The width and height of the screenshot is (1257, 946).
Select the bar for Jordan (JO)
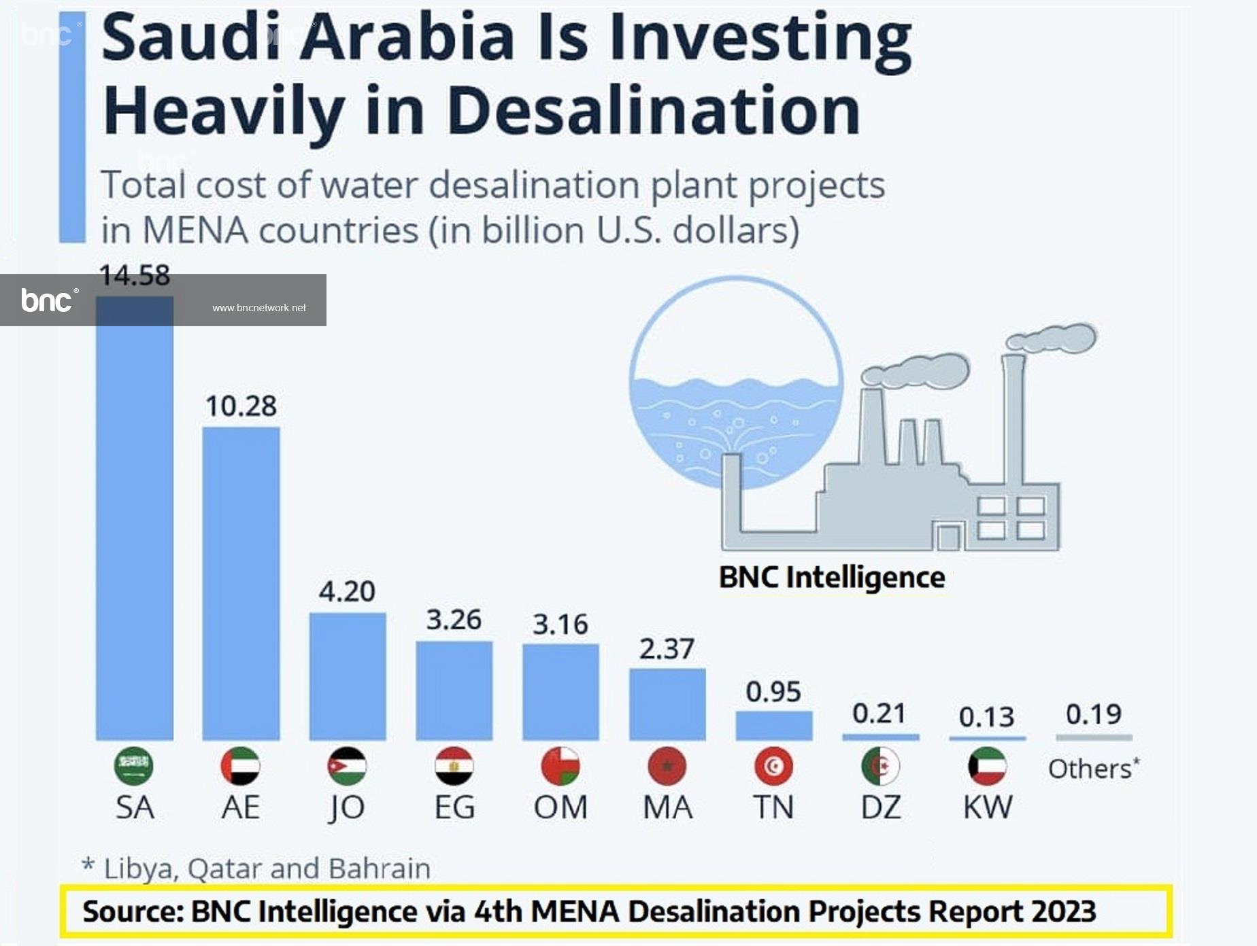pos(348,676)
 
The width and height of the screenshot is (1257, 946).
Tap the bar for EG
pos(454,690)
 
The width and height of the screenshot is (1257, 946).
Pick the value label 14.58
pos(134,275)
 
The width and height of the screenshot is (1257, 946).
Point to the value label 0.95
pos(773,692)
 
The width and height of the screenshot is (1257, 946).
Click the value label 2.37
pos(667,649)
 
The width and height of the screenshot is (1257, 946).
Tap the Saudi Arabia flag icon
pos(134,766)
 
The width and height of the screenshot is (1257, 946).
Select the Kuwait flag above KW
pos(987,766)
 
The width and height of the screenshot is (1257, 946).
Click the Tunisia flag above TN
pos(773,766)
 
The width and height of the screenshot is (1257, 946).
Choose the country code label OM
pos(560,807)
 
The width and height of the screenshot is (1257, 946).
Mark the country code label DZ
pos(881,807)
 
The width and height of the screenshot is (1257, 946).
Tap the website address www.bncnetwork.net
pos(258,308)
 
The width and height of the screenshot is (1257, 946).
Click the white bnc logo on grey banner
pos(48,300)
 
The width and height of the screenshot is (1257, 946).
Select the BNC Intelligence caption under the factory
pos(832,578)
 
